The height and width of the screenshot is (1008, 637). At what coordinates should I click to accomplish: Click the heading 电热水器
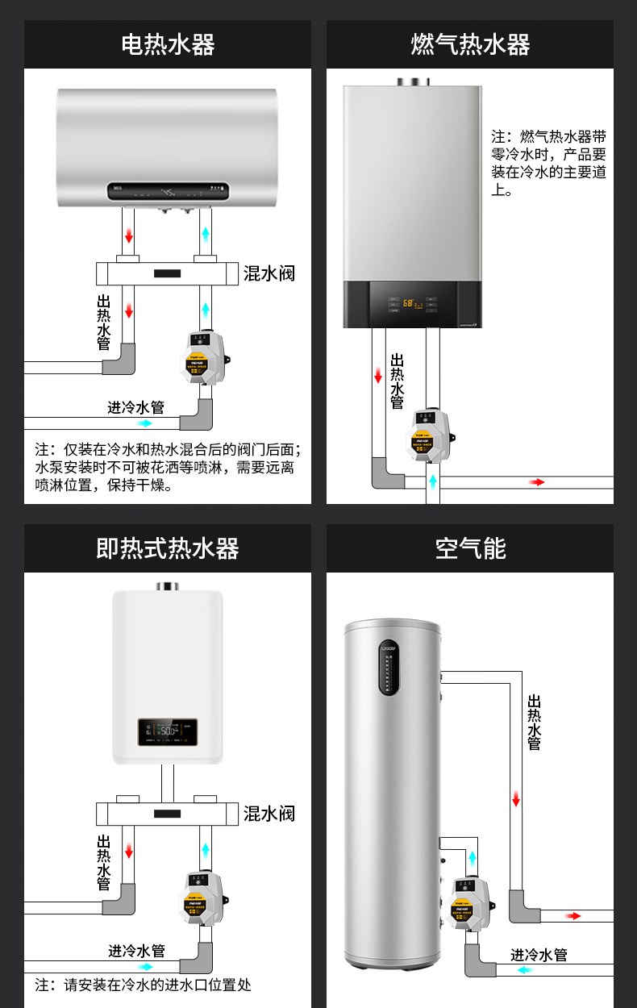168,44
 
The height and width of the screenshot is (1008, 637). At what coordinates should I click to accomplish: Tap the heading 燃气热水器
470,44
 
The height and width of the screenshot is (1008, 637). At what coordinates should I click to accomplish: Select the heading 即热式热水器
168,549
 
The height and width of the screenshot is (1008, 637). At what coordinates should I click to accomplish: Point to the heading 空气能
470,549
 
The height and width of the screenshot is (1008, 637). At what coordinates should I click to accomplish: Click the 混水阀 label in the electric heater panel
269,273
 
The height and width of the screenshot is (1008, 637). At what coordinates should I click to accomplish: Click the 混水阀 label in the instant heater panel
269,814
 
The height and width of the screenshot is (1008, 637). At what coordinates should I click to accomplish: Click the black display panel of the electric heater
169,193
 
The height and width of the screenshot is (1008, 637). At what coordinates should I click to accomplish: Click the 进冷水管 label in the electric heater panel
136,407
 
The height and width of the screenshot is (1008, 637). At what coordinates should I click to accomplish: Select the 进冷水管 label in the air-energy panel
539,956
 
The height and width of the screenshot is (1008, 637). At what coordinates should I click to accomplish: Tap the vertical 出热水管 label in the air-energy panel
534,723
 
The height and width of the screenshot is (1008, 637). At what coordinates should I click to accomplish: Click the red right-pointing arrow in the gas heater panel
537,482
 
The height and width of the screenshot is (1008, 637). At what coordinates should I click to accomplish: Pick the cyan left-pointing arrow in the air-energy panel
525,970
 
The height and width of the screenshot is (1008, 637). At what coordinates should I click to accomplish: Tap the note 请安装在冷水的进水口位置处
143,985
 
